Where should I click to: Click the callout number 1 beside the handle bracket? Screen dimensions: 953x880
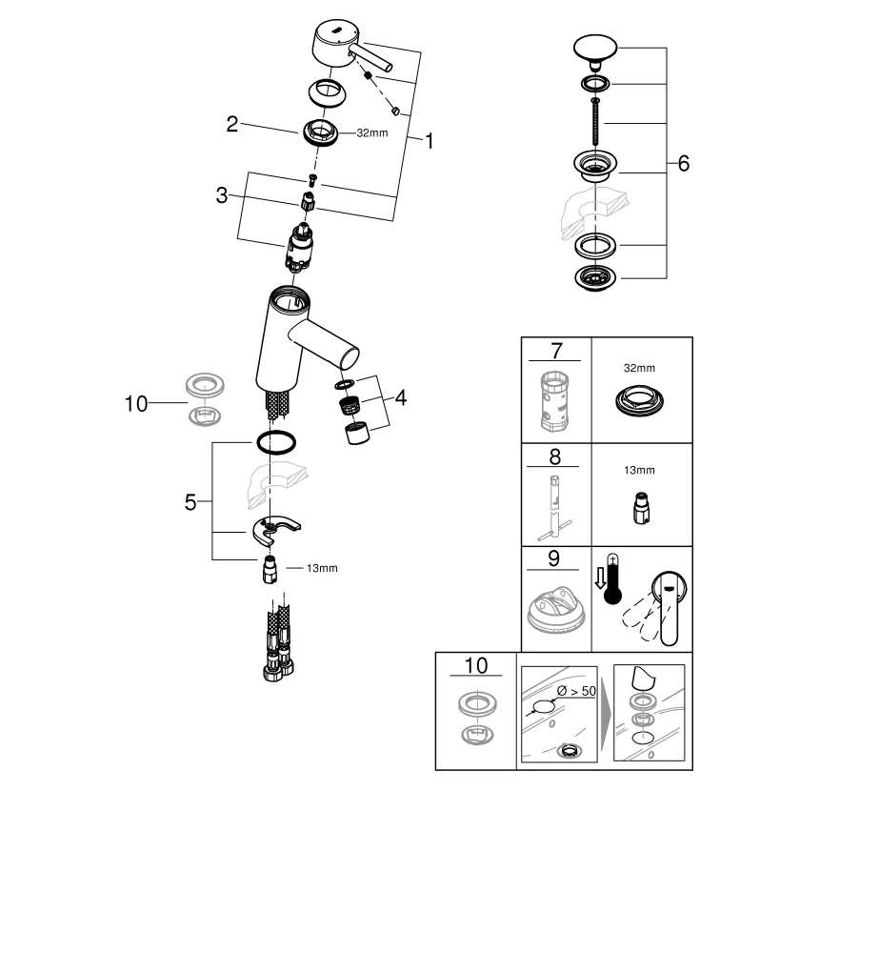click(x=430, y=141)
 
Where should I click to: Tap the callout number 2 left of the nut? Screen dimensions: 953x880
click(x=231, y=124)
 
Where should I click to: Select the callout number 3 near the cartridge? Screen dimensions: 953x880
click(x=221, y=195)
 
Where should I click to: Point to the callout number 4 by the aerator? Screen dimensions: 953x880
click(x=401, y=397)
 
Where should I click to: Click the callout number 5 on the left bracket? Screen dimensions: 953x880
click(x=190, y=501)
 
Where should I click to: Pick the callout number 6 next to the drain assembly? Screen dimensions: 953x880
click(x=683, y=164)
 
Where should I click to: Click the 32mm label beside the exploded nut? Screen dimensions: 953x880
click(x=371, y=133)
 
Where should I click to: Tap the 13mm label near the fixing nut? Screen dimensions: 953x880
click(x=322, y=568)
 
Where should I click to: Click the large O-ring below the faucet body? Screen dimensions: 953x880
click(x=274, y=441)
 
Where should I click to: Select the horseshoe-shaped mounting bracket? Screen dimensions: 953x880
click(x=276, y=526)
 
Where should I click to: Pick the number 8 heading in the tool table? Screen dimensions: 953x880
click(x=555, y=456)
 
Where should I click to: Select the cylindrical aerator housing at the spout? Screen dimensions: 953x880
click(x=356, y=434)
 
